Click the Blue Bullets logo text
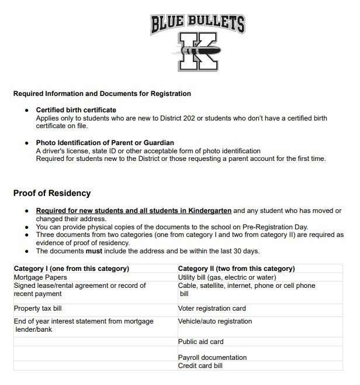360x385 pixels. [197, 23]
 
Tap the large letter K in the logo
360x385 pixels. [197, 51]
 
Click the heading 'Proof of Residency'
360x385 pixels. [51, 193]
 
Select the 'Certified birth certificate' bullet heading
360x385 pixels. [76, 110]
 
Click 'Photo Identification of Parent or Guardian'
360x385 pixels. [105, 143]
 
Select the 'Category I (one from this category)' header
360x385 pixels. [71, 269]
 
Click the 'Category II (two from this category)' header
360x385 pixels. [236, 269]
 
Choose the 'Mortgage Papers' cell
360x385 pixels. [40, 277]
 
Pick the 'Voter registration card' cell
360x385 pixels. [212, 308]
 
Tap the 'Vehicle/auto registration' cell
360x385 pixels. [215, 321]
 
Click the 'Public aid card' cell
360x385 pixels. [200, 342]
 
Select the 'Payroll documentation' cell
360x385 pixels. [212, 357]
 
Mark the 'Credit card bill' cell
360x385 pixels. [200, 366]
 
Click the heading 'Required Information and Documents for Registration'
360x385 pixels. [102, 94]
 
